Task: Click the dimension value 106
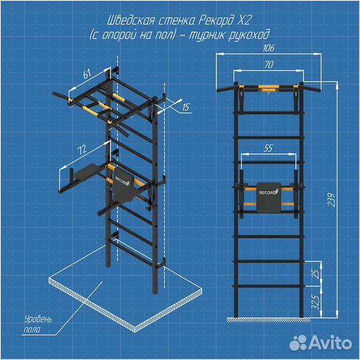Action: pos(269,48)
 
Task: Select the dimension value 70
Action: pos(269,65)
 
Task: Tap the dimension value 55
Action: pos(268,148)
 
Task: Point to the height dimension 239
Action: pos(331,199)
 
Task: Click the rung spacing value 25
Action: pos(316,273)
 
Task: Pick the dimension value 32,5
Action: pos(316,302)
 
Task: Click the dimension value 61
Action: pos(87,74)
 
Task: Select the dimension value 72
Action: pos(82,150)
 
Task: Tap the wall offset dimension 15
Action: pos(185,107)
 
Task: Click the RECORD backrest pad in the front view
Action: pos(269,197)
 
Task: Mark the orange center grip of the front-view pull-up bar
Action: pos(269,87)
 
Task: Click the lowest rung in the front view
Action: pos(269,286)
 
